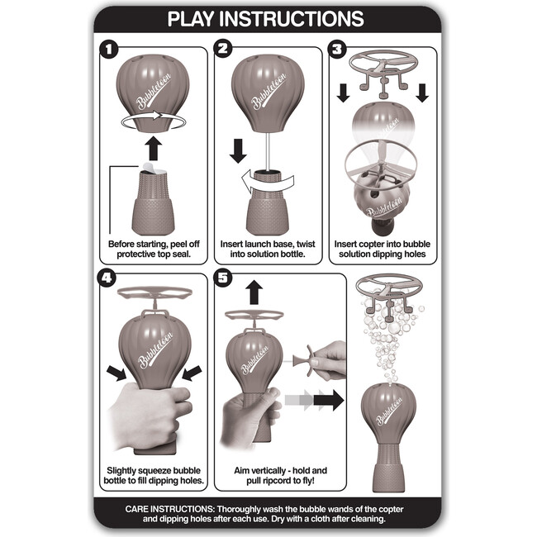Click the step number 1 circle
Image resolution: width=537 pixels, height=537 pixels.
[109, 50]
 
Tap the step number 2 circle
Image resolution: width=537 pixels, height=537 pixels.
[223, 49]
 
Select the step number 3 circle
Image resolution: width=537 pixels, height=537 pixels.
[337, 49]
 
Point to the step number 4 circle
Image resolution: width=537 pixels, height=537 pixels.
[107, 277]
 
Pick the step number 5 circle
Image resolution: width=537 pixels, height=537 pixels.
[223, 277]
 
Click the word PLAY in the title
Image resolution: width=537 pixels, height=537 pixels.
[190, 19]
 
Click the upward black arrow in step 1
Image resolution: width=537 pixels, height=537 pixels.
[153, 148]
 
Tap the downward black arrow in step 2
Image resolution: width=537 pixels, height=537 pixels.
[238, 150]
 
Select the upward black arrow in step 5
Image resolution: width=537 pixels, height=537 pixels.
[254, 292]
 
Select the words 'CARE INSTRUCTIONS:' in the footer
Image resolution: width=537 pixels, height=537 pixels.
[169, 509]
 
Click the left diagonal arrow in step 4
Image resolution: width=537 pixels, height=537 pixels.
[116, 373]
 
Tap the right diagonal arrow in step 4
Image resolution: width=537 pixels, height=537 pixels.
[192, 373]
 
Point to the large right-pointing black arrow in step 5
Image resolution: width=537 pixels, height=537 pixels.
[329, 400]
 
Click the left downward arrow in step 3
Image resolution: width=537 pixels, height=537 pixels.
[343, 93]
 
